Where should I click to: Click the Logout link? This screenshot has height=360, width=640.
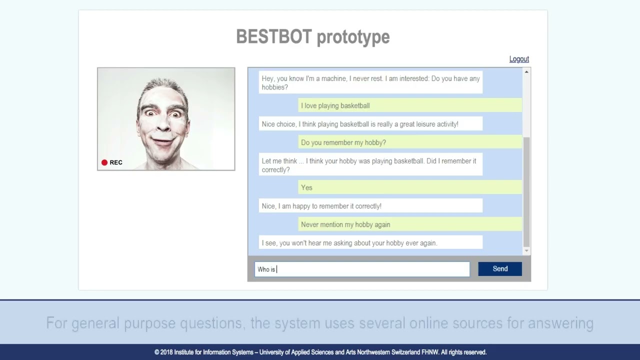tap(519, 59)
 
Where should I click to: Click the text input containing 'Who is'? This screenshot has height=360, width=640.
tap(362, 269)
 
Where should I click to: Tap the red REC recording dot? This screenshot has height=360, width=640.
tap(104, 162)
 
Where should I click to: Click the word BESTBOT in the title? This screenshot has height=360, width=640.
tap(273, 36)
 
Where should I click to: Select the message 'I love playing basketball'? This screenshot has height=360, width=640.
tap(335, 105)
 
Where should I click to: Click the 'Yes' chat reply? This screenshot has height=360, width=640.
tap(306, 187)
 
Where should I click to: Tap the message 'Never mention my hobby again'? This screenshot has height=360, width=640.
tap(345, 224)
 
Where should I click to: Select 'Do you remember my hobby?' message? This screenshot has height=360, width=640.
tap(343, 142)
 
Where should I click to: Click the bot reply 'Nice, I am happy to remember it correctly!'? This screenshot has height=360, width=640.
tap(321, 206)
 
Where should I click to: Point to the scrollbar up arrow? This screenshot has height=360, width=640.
tap(526, 72)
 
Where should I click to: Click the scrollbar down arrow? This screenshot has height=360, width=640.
tap(526, 251)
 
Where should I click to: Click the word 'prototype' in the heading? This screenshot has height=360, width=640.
tap(353, 36)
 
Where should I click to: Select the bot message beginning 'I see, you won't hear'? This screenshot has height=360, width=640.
tap(349, 243)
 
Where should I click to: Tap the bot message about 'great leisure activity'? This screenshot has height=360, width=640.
tap(360, 124)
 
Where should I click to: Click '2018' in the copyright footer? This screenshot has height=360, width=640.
tap(166, 352)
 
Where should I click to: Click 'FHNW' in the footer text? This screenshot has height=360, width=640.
tap(430, 352)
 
